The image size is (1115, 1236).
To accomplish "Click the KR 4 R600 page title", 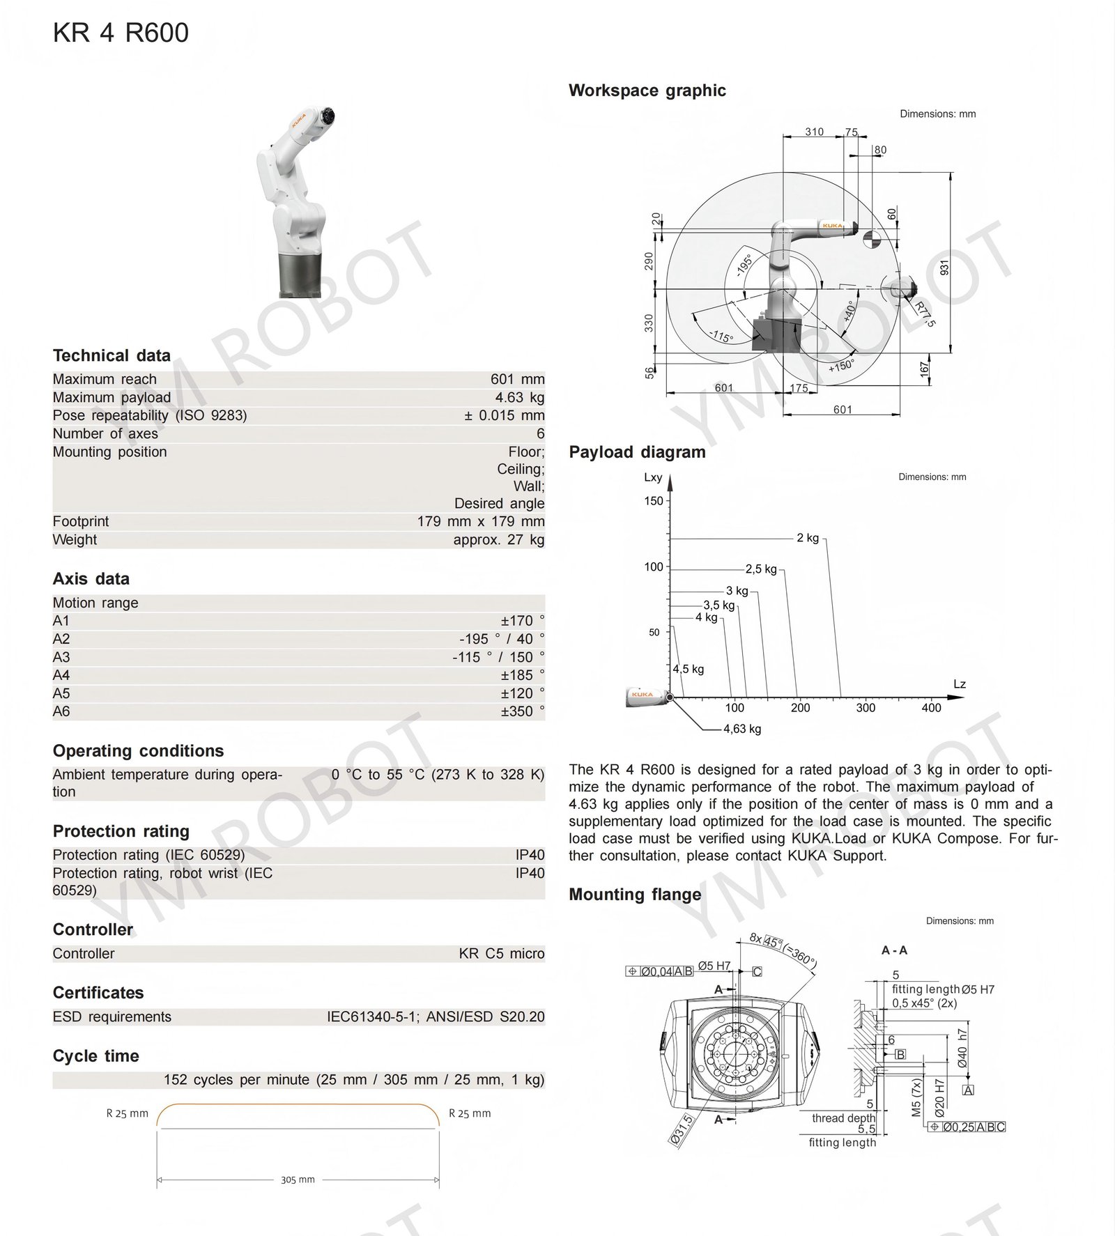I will pyautogui.click(x=121, y=33).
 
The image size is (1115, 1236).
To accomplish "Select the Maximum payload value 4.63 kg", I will pyautogui.click(x=519, y=397).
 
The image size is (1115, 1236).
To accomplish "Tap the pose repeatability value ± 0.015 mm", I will pyautogui.click(x=504, y=415).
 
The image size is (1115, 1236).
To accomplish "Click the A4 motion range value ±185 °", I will pyautogui.click(x=522, y=675).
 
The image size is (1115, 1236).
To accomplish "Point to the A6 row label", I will pyautogui.click(x=61, y=711).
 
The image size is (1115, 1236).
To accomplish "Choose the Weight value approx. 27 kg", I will pyautogui.click(x=498, y=539).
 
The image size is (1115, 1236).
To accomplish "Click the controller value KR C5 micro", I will pyautogui.click(x=501, y=953).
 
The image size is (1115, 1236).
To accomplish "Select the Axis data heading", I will pyautogui.click(x=91, y=579).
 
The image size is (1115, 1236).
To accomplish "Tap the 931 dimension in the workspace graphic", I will pyautogui.click(x=944, y=267).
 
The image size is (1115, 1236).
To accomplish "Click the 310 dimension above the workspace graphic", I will pyautogui.click(x=814, y=132).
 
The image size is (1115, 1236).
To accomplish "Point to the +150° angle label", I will pyautogui.click(x=841, y=365).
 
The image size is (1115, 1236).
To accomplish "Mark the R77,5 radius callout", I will pyautogui.click(x=925, y=314).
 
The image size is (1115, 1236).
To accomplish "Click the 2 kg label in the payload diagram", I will pyautogui.click(x=808, y=538).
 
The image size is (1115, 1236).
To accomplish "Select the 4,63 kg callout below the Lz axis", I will pyautogui.click(x=741, y=729).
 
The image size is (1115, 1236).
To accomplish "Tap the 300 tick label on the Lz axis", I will pyautogui.click(x=866, y=708).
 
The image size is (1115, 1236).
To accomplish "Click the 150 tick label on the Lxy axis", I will pyautogui.click(x=654, y=501).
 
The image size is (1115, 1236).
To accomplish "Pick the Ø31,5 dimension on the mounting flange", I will pyautogui.click(x=681, y=1130).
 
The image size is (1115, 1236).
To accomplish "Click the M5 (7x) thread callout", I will pyautogui.click(x=916, y=1098).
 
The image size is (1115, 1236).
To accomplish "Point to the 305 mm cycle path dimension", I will pyautogui.click(x=298, y=1180).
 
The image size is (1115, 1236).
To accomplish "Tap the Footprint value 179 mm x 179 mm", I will pyautogui.click(x=481, y=521).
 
